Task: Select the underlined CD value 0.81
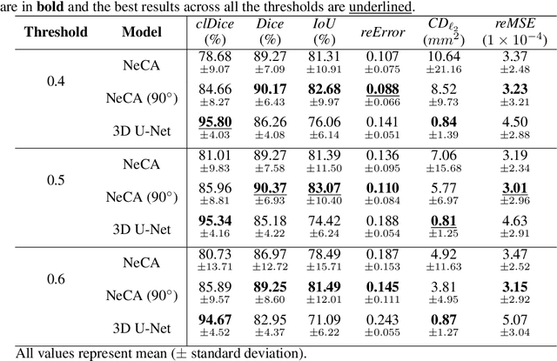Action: tap(444, 220)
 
